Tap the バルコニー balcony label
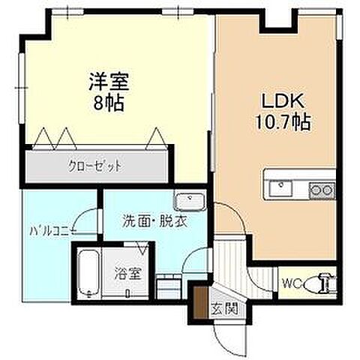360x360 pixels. [x=49, y=232]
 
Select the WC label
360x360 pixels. [x=292, y=283]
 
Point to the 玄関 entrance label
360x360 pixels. [x=220, y=308]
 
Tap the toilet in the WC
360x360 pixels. [x=325, y=282]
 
